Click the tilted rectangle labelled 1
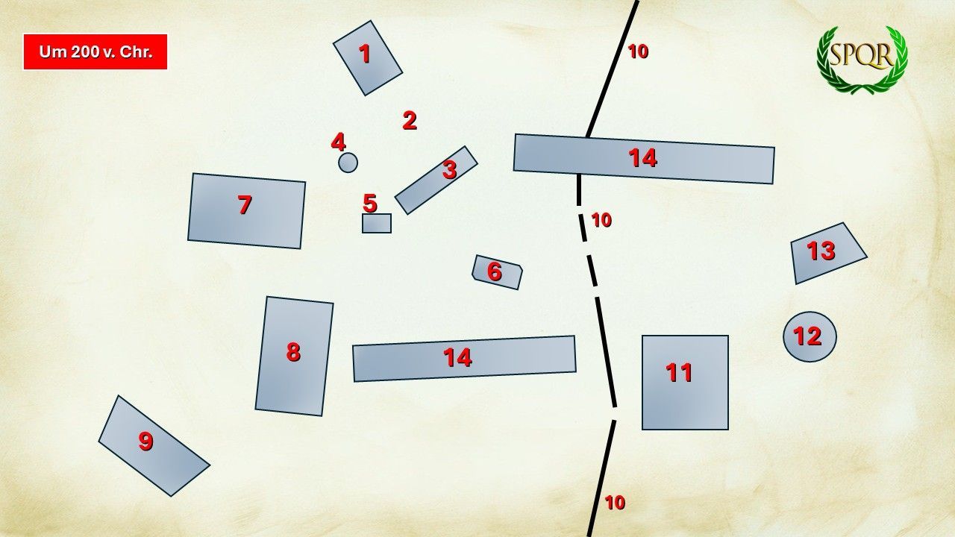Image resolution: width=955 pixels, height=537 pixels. click(x=368, y=58)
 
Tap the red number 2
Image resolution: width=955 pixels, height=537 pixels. click(x=410, y=121)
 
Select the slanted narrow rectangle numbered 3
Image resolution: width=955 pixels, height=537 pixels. click(x=436, y=180)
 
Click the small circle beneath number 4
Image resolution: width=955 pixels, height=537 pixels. click(x=348, y=163)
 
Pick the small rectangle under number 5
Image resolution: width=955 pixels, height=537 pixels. click(x=377, y=223)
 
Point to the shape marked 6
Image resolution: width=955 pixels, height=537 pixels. click(x=497, y=272)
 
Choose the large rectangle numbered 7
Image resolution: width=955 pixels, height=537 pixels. click(x=246, y=211)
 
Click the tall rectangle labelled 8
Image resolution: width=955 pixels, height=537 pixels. click(x=294, y=357)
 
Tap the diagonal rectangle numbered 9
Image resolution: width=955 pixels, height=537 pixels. click(x=154, y=446)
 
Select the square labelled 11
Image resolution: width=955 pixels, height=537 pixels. click(x=685, y=383)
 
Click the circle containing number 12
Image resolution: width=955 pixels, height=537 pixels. click(x=810, y=337)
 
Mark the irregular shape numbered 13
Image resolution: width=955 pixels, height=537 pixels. click(x=825, y=254)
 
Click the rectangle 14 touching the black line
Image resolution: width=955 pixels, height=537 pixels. click(x=644, y=159)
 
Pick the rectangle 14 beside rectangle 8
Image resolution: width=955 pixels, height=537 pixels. click(x=464, y=359)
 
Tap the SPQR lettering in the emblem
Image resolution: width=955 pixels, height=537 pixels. click(x=862, y=55)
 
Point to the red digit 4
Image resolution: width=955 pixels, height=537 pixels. click(x=339, y=142)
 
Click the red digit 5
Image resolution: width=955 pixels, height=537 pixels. click(x=370, y=204)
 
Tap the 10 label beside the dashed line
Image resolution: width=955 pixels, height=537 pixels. click(x=601, y=220)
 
